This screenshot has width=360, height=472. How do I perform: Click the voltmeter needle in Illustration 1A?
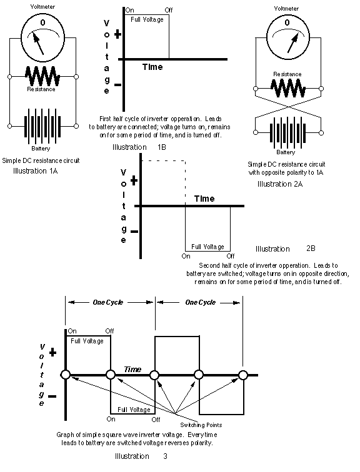click(x=39, y=44)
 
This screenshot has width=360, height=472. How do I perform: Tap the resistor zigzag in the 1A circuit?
click(x=42, y=76)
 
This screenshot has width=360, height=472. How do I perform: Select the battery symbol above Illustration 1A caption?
click(x=42, y=126)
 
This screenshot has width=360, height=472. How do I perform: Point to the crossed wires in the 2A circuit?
click(x=288, y=107)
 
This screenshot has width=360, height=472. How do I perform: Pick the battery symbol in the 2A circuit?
click(x=288, y=133)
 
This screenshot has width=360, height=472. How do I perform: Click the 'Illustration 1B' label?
click(x=139, y=147)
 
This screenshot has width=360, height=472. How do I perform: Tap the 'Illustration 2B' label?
click(x=285, y=248)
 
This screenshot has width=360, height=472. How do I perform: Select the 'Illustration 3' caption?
click(x=141, y=456)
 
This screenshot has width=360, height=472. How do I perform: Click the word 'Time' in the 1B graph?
click(x=152, y=67)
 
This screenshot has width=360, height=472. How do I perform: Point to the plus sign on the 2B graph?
click(x=134, y=180)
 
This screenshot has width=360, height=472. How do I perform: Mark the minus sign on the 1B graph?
click(x=117, y=85)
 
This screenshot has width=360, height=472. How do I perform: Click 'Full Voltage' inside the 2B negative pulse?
click(x=208, y=247)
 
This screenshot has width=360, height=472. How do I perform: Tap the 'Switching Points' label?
click(x=201, y=425)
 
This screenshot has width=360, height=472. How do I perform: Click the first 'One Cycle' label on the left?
click(x=108, y=302)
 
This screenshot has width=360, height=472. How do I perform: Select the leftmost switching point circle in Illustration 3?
click(x=66, y=375)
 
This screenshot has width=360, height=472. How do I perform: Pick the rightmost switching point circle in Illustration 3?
click(x=243, y=375)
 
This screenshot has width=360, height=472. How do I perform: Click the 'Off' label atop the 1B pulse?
click(x=169, y=10)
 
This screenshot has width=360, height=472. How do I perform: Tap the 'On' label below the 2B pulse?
click(x=186, y=256)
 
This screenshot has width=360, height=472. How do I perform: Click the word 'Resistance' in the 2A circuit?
click(x=287, y=74)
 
